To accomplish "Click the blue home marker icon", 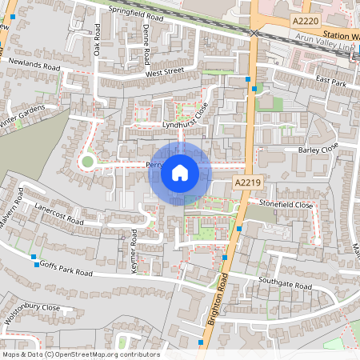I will point(180,172).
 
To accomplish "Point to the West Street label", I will point(165,73).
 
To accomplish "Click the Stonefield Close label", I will point(286,205).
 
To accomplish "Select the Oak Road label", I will point(97,41).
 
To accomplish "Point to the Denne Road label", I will point(146,45).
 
